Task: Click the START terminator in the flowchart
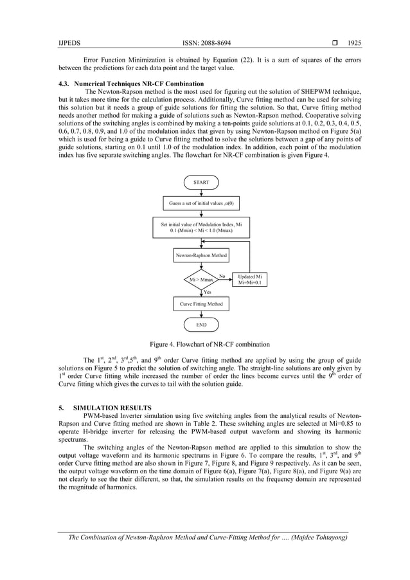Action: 201,183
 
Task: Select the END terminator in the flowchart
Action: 201,325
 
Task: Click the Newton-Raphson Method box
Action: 201,255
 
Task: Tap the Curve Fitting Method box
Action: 201,303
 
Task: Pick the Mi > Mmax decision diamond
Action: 201,280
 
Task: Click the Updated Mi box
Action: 250,280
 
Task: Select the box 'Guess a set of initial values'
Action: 201,204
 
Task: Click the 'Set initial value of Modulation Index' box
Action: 201,227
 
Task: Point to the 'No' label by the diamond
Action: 222,276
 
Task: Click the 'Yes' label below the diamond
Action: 208,292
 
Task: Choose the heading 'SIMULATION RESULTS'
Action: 113,408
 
